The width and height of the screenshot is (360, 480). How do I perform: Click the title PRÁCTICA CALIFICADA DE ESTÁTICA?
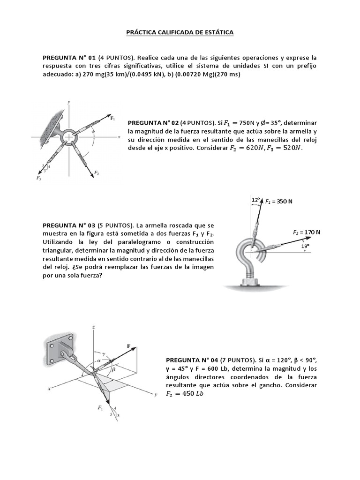coord(180,33)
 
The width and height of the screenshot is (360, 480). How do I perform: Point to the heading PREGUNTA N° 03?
coord(69,225)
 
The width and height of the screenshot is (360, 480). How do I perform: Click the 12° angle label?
coord(255,200)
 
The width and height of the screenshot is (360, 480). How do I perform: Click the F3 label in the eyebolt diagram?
coord(38,178)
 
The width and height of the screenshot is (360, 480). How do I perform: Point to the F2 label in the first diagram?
coord(97,173)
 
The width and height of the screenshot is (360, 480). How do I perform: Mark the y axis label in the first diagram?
coord(69,102)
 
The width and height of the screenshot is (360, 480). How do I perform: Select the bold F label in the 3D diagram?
coord(128,345)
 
